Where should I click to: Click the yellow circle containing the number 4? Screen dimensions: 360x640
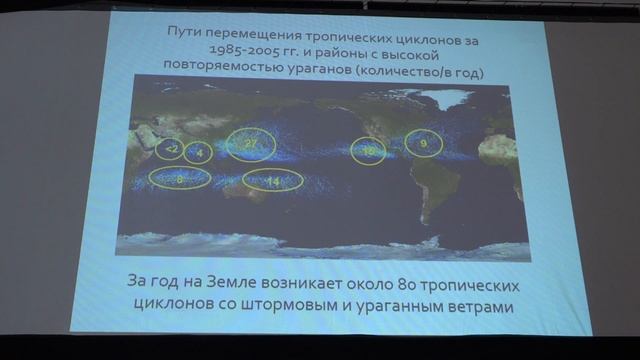click(x=198, y=153)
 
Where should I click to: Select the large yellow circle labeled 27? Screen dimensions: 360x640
click(x=251, y=146)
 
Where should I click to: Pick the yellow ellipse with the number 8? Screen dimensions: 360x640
click(x=179, y=179)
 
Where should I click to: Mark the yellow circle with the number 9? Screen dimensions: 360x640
click(x=423, y=144)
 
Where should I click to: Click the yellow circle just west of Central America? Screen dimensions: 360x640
click(x=369, y=152)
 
